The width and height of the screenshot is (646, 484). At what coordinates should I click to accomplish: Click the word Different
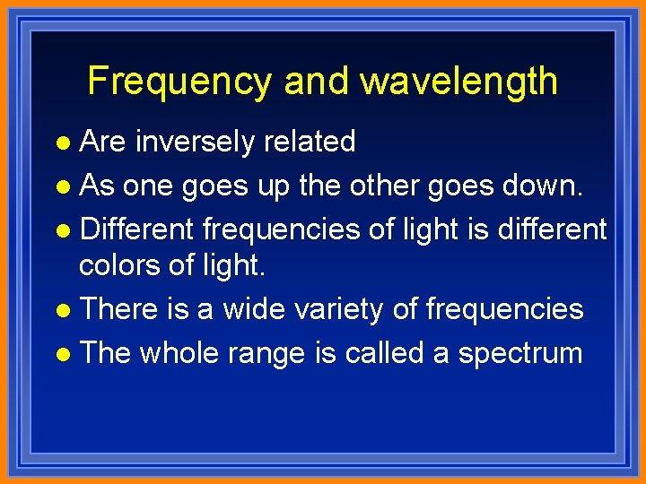coord(136,229)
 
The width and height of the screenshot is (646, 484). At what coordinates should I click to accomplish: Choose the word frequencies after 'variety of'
coord(504,310)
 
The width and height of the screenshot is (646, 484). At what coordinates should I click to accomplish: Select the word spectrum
coord(520,354)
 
